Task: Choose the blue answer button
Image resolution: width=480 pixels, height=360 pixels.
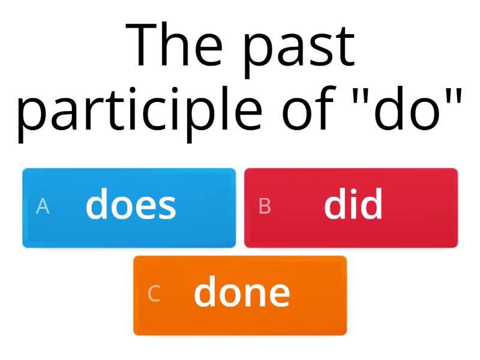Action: [129, 208]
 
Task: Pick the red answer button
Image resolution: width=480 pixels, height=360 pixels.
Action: [351, 208]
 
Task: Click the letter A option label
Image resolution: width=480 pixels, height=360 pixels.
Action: [43, 206]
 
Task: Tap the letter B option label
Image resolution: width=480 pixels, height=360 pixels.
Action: [265, 206]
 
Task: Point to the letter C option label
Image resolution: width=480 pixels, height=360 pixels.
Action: [154, 294]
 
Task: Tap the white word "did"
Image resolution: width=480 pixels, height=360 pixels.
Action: [353, 205]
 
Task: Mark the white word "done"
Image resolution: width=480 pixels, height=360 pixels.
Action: [242, 293]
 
